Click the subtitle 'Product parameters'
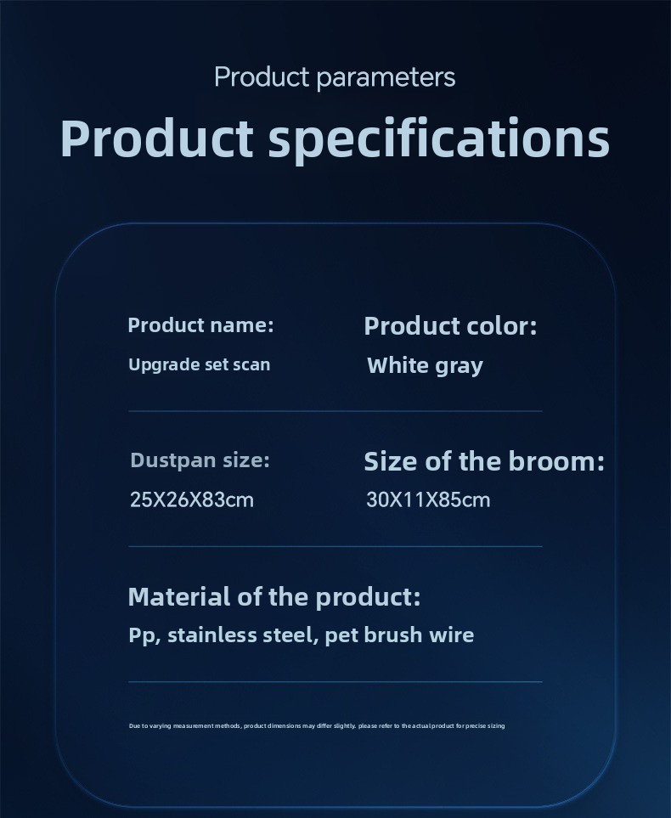pos(335,78)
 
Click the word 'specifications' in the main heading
pos(439,139)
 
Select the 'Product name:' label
pos(201,325)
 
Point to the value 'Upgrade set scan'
pos(200,364)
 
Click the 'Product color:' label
pos(450,326)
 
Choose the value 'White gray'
pos(425,366)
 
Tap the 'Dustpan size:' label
pos(200,460)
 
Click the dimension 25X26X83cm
pos(192,499)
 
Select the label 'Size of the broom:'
pos(484,462)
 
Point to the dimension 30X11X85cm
pos(428,499)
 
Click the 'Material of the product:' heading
pos(274,597)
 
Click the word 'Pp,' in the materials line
pos(144,635)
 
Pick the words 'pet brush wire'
pos(399,635)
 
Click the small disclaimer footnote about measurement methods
pos(317,725)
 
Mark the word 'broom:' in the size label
pos(556,462)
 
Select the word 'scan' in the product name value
pos(251,364)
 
